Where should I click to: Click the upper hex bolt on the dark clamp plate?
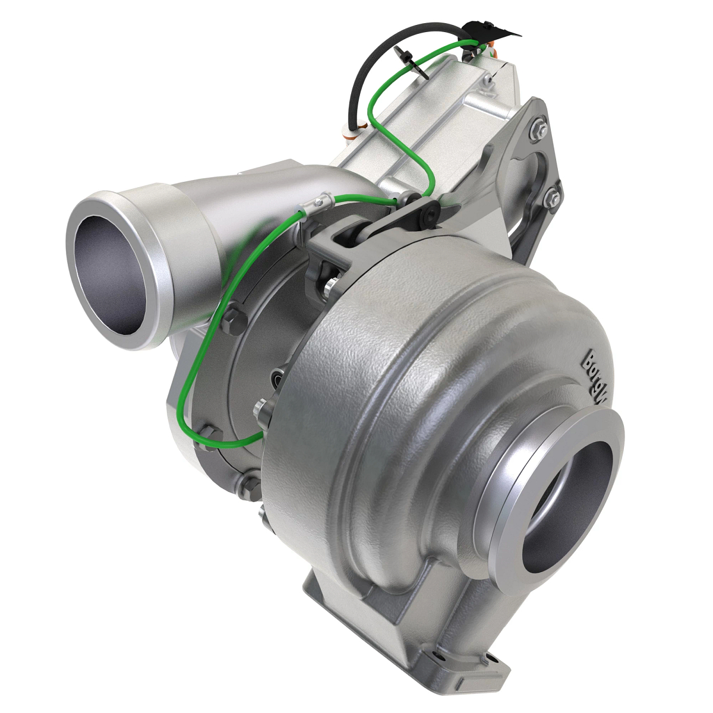(232, 318)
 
